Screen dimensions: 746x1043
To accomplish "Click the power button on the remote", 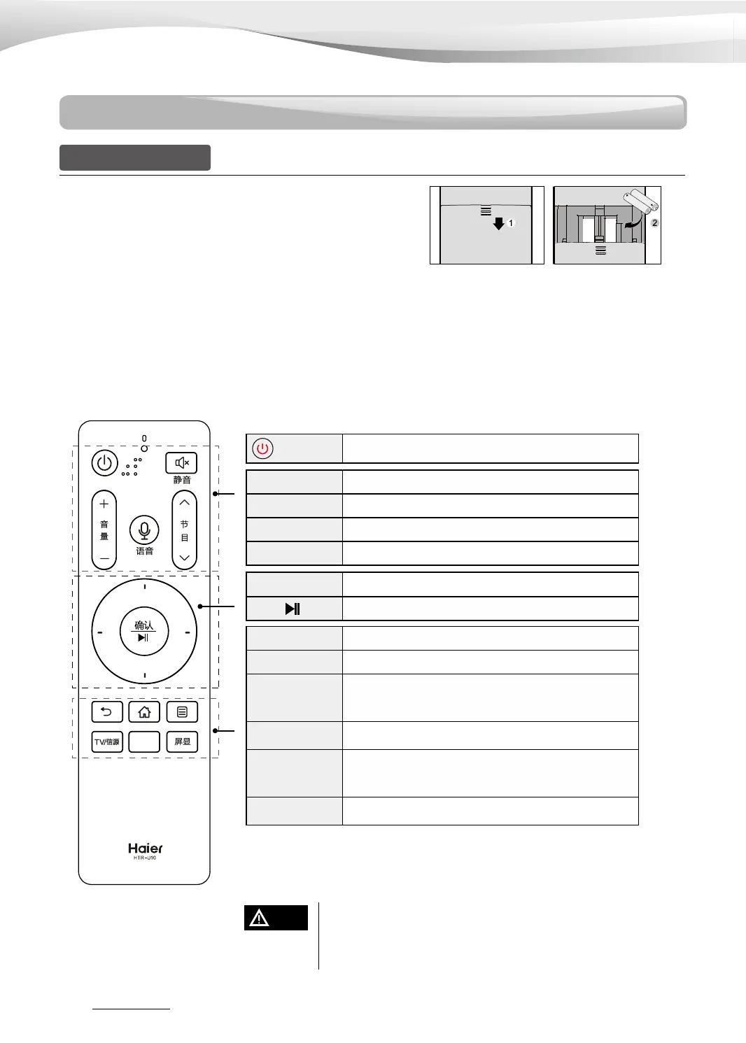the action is tap(104, 463).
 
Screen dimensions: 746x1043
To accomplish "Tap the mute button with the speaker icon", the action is tap(181, 463).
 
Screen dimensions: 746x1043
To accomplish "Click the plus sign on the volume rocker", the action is tap(104, 504).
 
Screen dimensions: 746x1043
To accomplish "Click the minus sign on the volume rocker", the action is tap(104, 558).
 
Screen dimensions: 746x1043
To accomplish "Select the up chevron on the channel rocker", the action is tap(185, 502).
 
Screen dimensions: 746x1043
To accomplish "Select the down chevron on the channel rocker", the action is tap(185, 558).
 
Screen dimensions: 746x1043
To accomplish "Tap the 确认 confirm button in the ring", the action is tap(144, 631).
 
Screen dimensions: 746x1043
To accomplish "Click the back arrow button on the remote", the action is tap(107, 712).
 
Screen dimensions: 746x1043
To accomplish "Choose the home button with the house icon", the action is tap(144, 712).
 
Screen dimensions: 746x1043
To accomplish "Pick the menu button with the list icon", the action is tap(182, 712).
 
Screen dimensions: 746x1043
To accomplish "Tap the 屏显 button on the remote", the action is tap(182, 742).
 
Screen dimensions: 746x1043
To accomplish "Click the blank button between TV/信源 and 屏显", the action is tap(144, 742).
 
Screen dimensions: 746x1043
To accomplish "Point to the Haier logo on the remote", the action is tap(145, 849).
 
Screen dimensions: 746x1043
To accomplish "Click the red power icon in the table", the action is tap(262, 448).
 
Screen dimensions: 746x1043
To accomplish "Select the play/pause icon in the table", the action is tap(293, 609).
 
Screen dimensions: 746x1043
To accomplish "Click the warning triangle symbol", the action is tap(259, 918).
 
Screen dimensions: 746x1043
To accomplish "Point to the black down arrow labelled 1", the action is tap(498, 224).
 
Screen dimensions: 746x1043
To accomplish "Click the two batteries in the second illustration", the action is tap(641, 202).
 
